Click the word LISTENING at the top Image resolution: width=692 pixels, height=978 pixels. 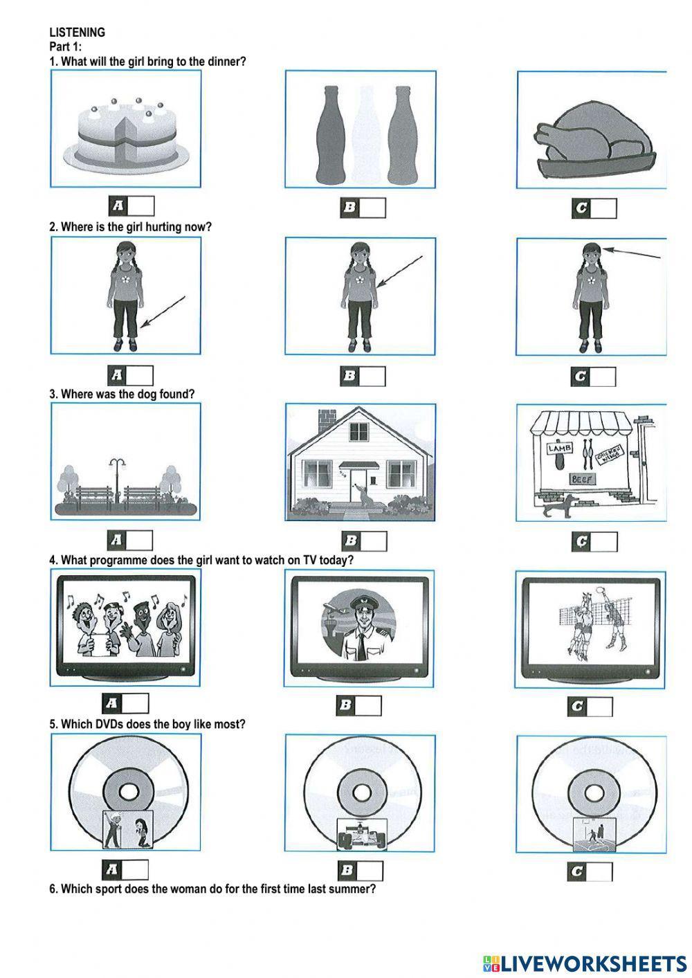[78, 33]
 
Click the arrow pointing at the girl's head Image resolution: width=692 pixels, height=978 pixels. [632, 253]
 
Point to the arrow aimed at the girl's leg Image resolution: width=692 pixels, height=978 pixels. [163, 311]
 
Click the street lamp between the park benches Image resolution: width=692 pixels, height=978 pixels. [117, 480]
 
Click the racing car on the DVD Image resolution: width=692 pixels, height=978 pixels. [362, 834]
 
